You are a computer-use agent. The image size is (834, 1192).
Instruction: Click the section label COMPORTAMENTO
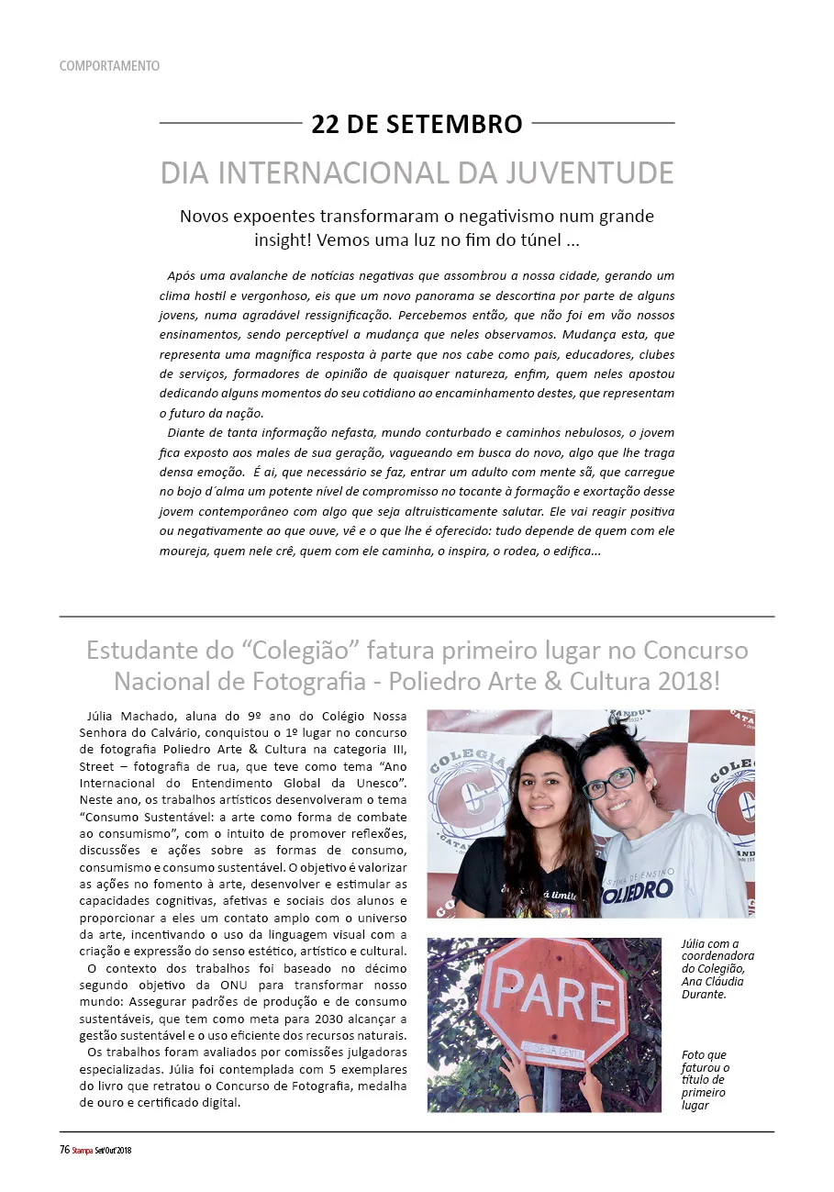[109, 66]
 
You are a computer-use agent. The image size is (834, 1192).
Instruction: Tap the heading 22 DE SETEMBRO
[417, 124]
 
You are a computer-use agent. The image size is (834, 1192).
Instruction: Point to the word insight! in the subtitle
[285, 240]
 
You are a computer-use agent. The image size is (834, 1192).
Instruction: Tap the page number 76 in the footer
[65, 1150]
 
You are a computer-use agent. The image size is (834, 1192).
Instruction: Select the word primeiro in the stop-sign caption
[703, 1092]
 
